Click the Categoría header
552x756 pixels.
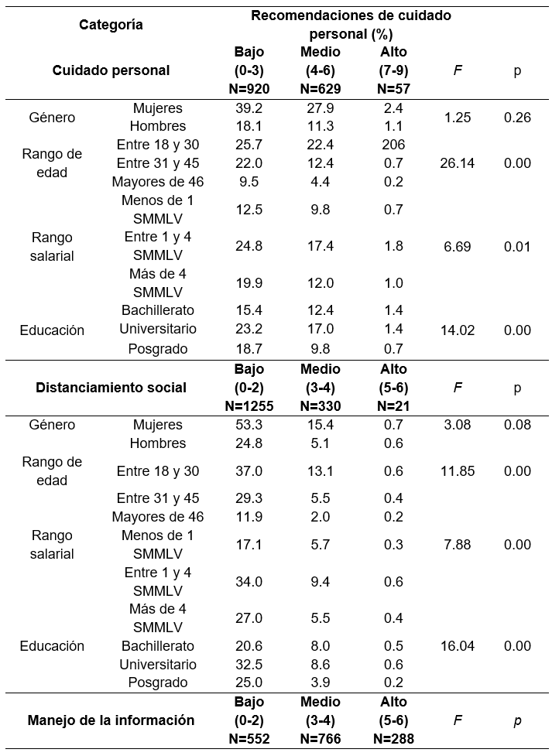pos(111,24)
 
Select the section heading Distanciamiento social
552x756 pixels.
pos(111,388)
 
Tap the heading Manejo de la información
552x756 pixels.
pos(111,720)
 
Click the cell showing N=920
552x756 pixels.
pos(249,89)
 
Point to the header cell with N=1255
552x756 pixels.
pos(249,406)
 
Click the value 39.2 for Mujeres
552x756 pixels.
pos(249,108)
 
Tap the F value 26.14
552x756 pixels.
pos(457,163)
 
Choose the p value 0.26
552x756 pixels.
pos(517,117)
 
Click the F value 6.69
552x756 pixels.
pos(457,247)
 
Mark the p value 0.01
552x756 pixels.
pos(517,247)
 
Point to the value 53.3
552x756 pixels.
pos(249,425)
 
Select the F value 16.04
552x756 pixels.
pos(457,646)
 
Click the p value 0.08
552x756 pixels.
pos(517,425)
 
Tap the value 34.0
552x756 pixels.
pos(249,582)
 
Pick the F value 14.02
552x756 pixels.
pos(457,330)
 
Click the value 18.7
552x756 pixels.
pos(249,349)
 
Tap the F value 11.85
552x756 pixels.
pos(457,471)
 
